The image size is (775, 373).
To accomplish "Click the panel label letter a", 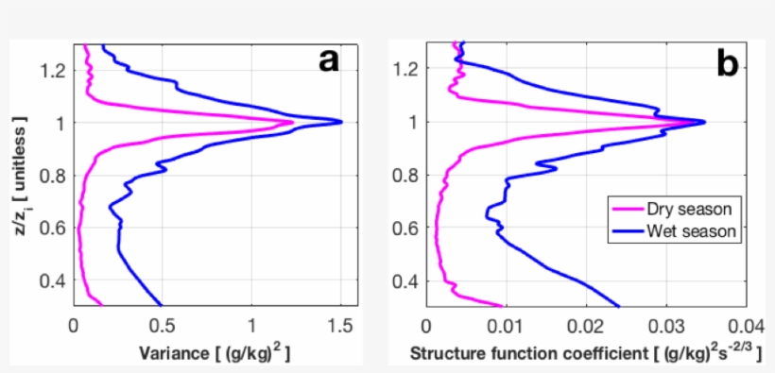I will [327, 61].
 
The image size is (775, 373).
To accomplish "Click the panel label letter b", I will [728, 62].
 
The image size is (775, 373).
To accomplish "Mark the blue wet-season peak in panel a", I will [340, 122].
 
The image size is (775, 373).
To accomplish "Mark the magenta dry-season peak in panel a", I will [292, 123].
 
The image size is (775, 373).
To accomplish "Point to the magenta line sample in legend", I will [627, 208].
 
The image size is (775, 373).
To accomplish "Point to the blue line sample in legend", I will [627, 229].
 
